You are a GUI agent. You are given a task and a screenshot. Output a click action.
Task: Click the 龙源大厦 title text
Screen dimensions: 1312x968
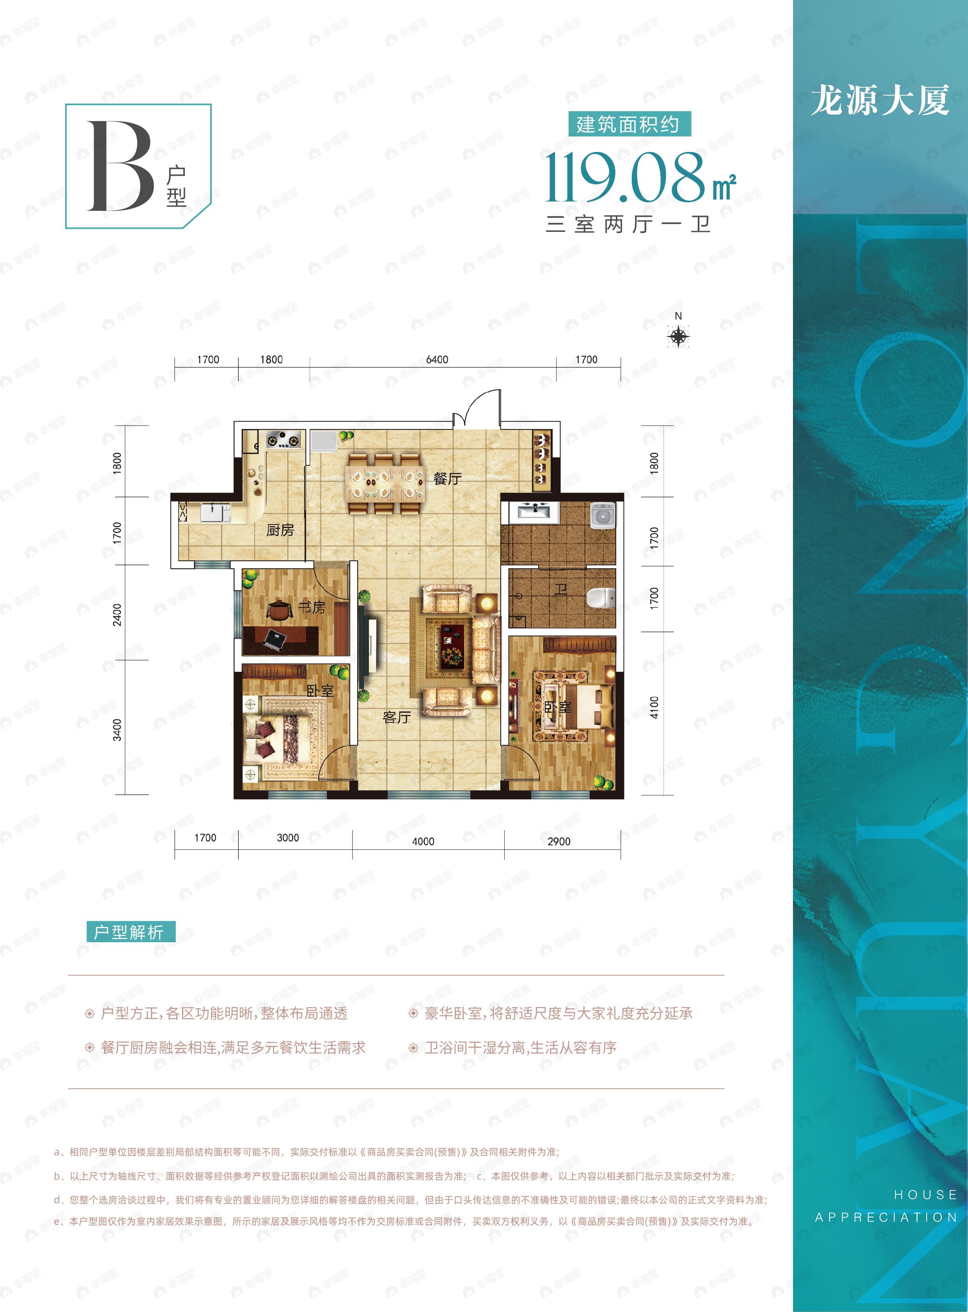coord(880,100)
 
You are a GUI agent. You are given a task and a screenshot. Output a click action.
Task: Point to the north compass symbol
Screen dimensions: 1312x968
coord(679,336)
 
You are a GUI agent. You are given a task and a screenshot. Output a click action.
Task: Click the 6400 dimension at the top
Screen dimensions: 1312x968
coord(437,360)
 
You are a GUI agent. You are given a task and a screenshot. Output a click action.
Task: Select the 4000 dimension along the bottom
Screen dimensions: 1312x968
coord(423,841)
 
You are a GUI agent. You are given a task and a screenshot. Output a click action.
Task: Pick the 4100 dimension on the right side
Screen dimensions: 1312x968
coord(654,707)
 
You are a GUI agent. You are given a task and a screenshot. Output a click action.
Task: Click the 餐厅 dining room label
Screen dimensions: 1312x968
coord(447,479)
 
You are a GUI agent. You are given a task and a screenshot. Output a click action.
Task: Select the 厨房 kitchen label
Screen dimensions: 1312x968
coord(280,530)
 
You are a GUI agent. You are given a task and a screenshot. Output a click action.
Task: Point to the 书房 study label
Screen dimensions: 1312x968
coord(311,608)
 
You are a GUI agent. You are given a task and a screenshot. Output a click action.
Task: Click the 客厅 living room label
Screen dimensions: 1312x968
coord(397,717)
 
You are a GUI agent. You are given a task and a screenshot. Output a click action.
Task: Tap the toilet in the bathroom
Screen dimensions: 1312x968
coord(601,598)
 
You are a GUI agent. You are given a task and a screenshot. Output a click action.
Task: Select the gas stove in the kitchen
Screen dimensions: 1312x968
coord(284,439)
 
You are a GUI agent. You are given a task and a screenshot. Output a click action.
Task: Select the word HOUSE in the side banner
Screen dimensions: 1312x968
coord(925,1194)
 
